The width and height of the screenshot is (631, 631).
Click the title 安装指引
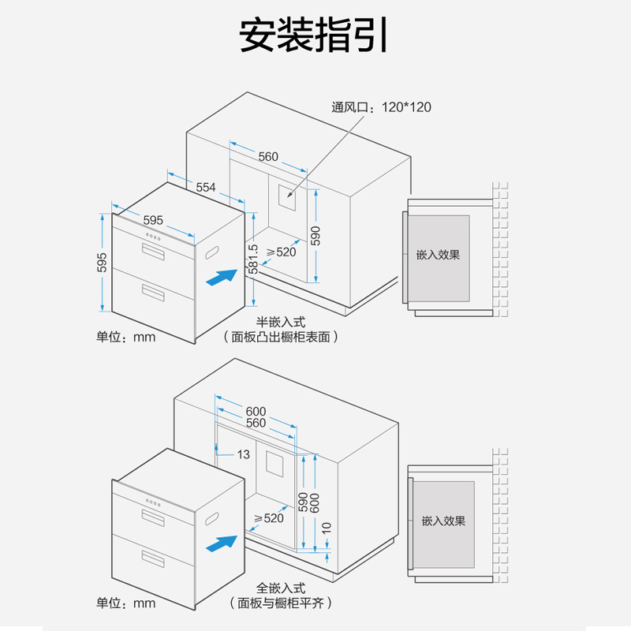(314, 36)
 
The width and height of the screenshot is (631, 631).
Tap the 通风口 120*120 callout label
(382, 107)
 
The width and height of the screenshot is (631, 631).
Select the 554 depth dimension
(206, 187)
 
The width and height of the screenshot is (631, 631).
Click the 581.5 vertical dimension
(253, 259)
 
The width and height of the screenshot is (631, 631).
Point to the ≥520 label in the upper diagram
(281, 252)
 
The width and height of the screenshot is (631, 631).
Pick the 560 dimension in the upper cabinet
(268, 156)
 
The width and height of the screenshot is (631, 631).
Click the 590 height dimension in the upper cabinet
(315, 236)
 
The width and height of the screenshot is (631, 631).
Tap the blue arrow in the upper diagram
(220, 278)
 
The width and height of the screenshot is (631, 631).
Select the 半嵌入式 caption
(280, 323)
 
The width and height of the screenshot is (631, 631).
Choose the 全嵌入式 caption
(280, 588)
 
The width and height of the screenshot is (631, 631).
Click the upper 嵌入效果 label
(438, 256)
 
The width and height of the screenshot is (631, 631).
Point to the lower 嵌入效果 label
(443, 521)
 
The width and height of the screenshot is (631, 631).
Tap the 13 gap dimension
(243, 454)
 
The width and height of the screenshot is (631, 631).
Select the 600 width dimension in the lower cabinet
(256, 411)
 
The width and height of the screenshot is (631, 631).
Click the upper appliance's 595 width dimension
(154, 220)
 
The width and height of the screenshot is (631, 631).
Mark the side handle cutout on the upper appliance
(211, 252)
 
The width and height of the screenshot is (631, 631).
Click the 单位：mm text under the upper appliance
(126, 337)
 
